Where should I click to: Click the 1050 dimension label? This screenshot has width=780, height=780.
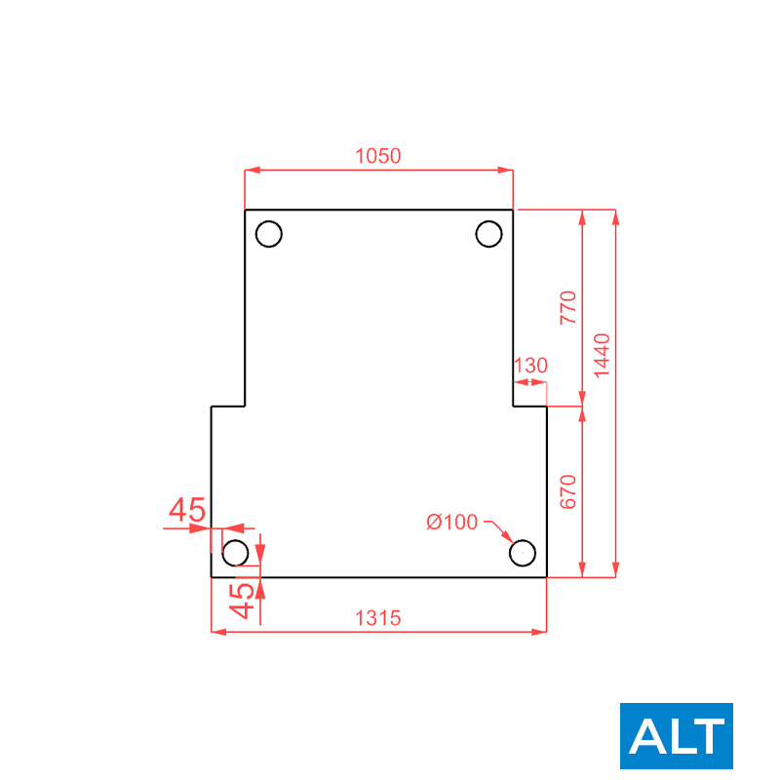point(378,156)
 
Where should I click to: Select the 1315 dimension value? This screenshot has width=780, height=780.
point(378,618)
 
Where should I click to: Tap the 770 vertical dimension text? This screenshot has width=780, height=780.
point(568,308)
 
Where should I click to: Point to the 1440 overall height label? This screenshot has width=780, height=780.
point(602,356)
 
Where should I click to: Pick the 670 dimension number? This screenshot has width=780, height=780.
point(568,492)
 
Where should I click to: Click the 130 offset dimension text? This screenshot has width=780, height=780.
point(530,366)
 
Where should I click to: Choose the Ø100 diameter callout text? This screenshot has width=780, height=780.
point(452,523)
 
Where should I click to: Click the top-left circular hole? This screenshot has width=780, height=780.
point(269,221)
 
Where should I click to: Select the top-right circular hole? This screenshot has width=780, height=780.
point(489,221)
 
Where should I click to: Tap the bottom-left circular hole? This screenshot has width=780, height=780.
point(235,540)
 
